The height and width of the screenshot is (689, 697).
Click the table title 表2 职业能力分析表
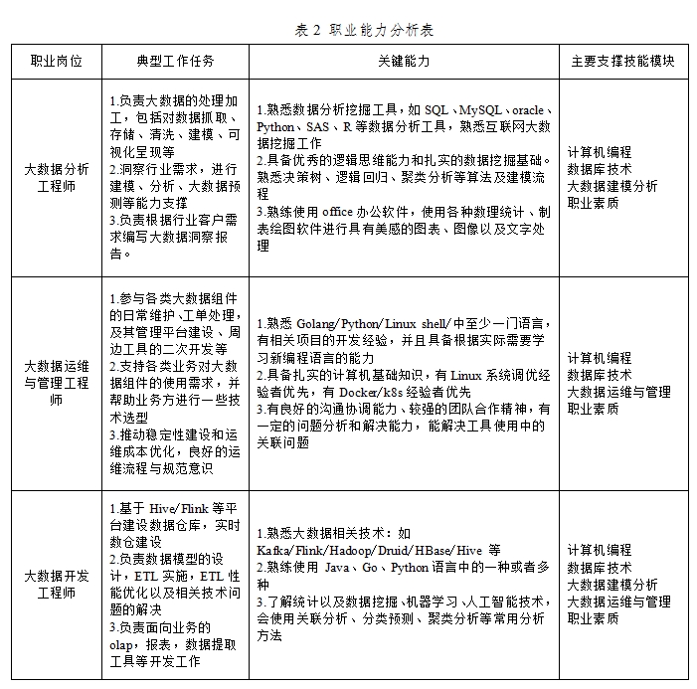tap(364, 30)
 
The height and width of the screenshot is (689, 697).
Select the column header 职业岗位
tap(57, 62)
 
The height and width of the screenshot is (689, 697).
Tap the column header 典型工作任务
tap(176, 62)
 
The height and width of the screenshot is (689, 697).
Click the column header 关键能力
tap(404, 62)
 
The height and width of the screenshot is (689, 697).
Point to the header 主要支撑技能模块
tap(622, 62)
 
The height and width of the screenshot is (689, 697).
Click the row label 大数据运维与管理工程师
tap(57, 383)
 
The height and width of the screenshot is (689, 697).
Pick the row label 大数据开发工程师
tap(57, 584)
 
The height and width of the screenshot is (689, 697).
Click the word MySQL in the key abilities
tap(481, 109)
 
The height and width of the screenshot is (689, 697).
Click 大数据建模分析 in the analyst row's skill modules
tap(612, 186)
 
